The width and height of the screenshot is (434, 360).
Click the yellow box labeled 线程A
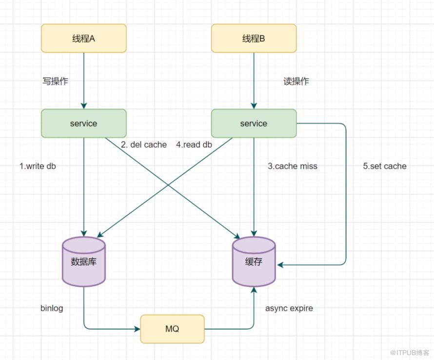pyautogui.click(x=83, y=38)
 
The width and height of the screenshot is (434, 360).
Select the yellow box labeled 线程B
pyautogui.click(x=254, y=38)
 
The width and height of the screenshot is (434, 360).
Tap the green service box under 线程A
pyautogui.click(x=83, y=123)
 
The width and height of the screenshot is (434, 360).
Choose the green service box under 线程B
pyautogui.click(x=254, y=123)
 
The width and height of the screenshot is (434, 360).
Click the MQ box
pyautogui.click(x=172, y=329)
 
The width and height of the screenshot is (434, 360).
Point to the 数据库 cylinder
pyautogui.click(x=83, y=261)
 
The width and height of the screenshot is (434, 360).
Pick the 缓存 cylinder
pyautogui.click(x=254, y=261)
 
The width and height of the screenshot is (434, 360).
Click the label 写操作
pyautogui.click(x=55, y=81)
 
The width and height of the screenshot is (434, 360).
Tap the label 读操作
pyautogui.click(x=296, y=81)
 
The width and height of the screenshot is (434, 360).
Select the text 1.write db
pyautogui.click(x=38, y=166)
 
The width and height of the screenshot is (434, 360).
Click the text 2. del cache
pyautogui.click(x=144, y=144)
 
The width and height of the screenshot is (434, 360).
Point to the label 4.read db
pyautogui.click(x=194, y=144)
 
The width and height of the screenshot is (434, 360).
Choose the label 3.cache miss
pyautogui.click(x=293, y=166)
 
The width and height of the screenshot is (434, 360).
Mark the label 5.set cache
pyautogui.click(x=385, y=166)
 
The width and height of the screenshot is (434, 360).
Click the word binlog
pyautogui.click(x=52, y=308)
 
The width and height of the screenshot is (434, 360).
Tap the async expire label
pyautogui.click(x=289, y=308)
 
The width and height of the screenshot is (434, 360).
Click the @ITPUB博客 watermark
pyautogui.click(x=410, y=353)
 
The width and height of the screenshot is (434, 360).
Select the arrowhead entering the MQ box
pyautogui.click(x=138, y=329)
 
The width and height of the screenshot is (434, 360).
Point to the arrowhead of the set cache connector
pyautogui.click(x=280, y=265)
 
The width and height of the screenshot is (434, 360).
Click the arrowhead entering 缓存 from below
pyautogui.click(x=254, y=290)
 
